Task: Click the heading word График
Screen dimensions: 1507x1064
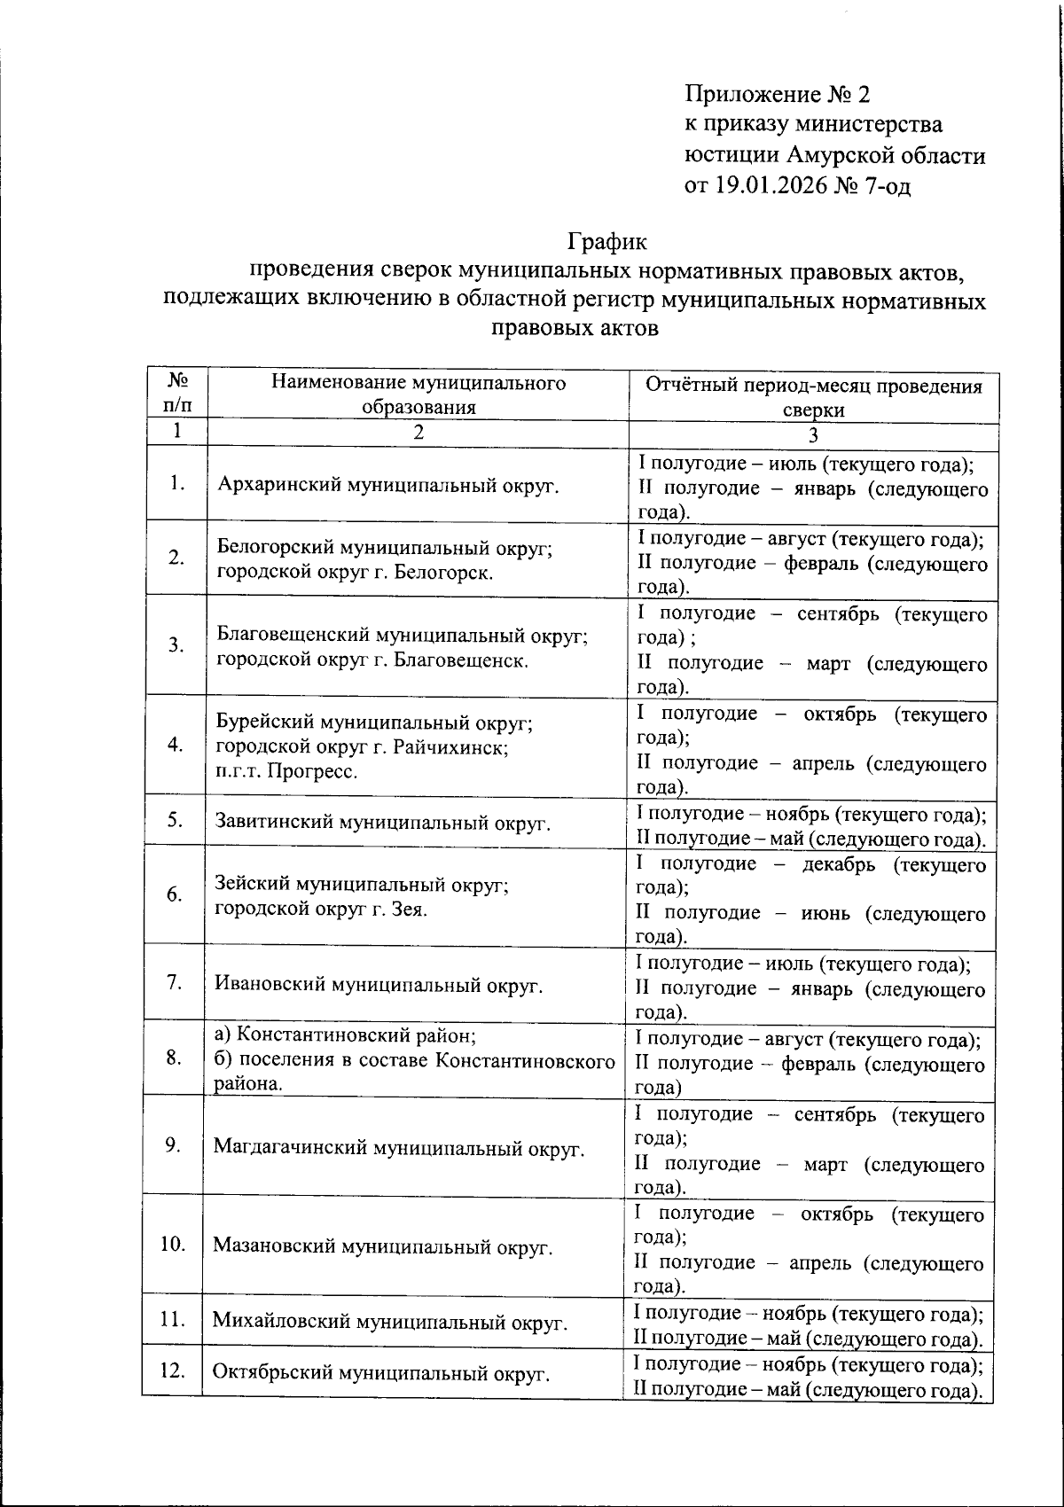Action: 607,240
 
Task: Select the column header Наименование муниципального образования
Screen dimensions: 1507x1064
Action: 418,394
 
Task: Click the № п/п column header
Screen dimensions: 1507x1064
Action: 177,393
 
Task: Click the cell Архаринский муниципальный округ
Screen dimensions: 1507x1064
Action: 388,485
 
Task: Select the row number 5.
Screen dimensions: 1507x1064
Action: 175,820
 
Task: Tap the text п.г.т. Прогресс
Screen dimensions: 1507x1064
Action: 286,771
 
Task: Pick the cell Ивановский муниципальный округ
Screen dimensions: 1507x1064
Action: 378,985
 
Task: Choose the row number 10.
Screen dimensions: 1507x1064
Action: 173,1244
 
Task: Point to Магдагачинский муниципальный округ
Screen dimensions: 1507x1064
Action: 399,1149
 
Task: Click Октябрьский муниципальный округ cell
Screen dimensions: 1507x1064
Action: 381,1373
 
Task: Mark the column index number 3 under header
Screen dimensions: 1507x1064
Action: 813,434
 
